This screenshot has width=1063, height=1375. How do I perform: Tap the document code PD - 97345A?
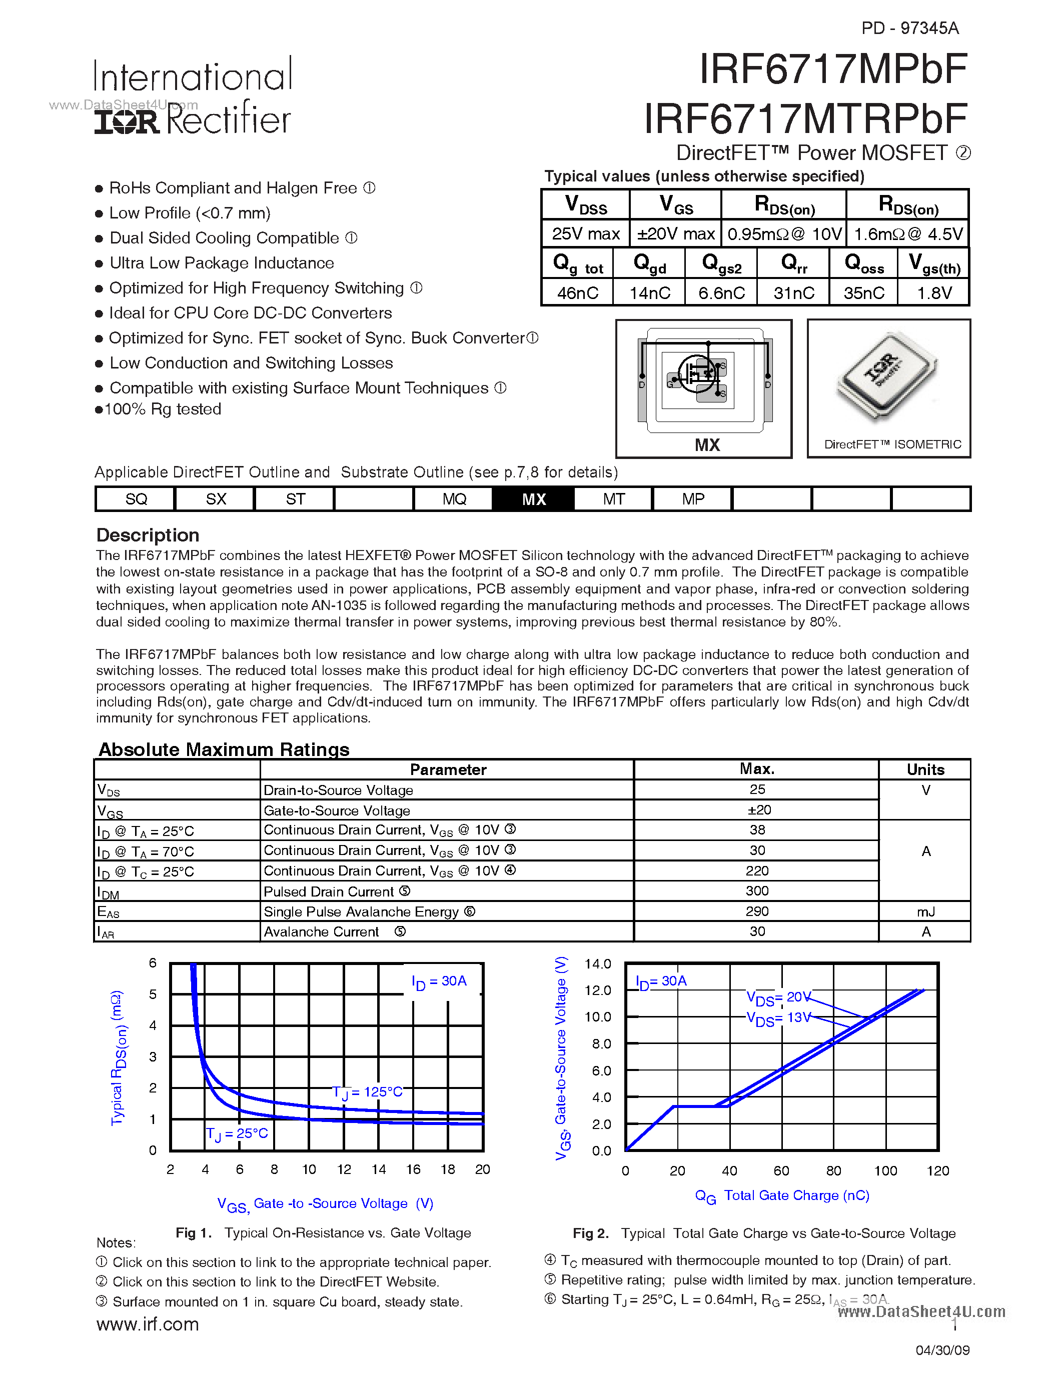(909, 27)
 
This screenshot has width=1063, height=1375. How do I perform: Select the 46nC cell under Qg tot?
(577, 293)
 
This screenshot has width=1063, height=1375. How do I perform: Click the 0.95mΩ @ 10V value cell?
(783, 234)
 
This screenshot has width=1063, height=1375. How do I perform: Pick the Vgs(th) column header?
(934, 263)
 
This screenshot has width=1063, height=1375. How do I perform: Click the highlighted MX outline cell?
(533, 499)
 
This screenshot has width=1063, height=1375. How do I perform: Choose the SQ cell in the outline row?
(136, 499)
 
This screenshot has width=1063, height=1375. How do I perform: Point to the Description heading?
(148, 535)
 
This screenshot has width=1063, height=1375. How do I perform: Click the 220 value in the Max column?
(756, 870)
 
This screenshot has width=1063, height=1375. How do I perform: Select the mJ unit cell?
(925, 911)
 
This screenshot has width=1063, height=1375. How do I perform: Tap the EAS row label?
(109, 911)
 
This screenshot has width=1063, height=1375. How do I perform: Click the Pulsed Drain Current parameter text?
(329, 891)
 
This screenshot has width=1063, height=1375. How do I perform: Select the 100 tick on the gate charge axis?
(885, 1171)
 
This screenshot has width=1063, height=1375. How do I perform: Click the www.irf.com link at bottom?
(148, 1324)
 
